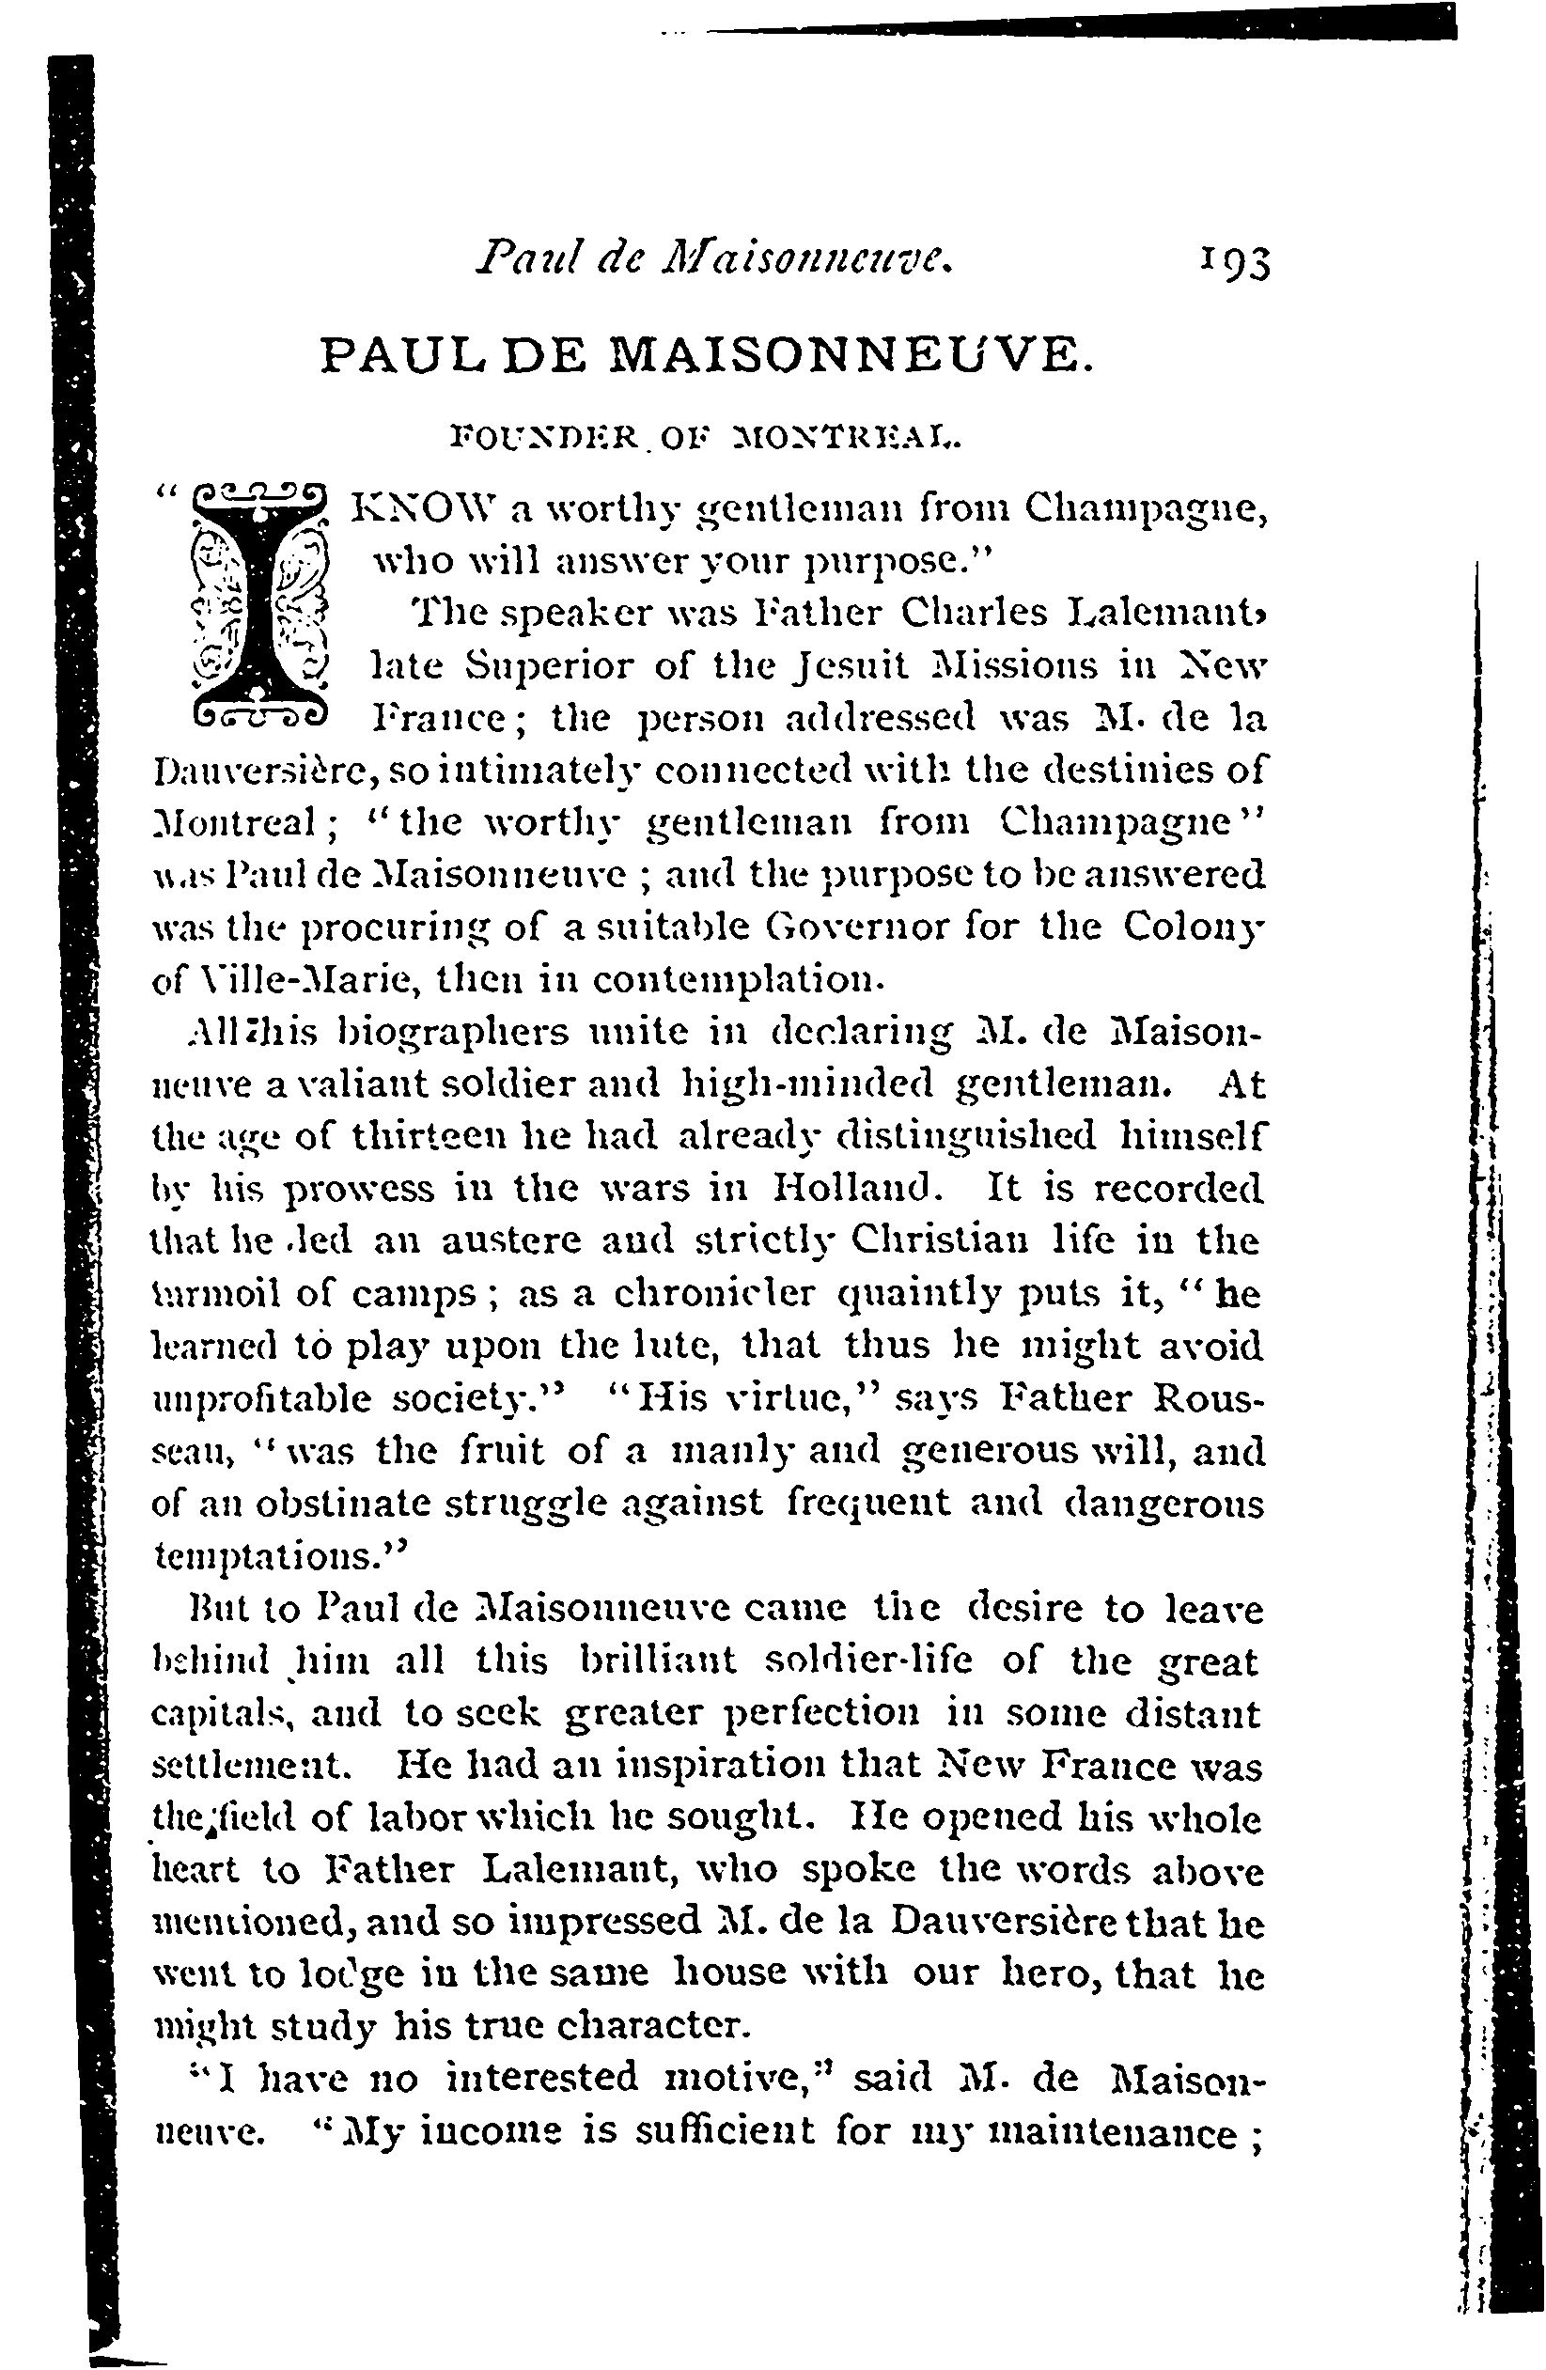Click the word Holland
click(858, 1187)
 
